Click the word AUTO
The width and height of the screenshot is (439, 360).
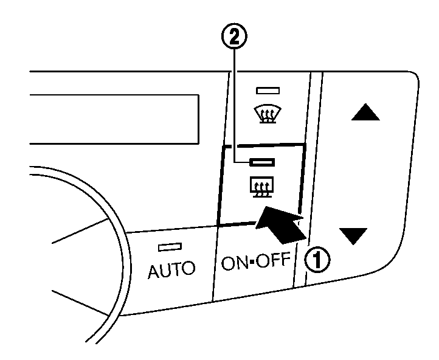171,268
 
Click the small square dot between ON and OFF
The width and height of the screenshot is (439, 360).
252,264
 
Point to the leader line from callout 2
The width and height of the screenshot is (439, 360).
235,109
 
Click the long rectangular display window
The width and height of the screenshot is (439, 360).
116,119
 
